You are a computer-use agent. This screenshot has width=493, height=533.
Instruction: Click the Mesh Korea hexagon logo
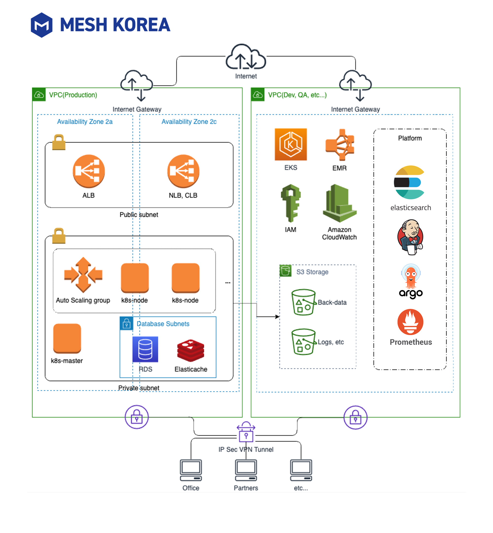(41, 25)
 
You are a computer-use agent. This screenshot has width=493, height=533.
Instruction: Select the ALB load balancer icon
(88, 171)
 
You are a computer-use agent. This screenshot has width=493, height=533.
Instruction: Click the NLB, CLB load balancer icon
(183, 171)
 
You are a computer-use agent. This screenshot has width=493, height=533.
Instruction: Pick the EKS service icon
(291, 144)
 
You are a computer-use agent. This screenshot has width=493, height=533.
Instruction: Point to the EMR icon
(340, 145)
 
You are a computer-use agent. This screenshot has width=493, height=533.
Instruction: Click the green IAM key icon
(291, 203)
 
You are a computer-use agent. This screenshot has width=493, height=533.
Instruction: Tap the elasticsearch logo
(409, 182)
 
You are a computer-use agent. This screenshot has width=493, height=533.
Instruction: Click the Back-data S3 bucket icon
(303, 302)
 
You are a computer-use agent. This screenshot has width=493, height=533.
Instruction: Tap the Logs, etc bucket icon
(303, 342)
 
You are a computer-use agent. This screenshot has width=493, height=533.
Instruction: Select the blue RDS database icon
(145, 349)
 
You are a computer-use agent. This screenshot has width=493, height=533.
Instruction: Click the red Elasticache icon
(191, 350)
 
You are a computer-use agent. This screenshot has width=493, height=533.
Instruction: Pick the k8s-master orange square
(67, 338)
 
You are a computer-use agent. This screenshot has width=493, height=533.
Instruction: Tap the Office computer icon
(191, 470)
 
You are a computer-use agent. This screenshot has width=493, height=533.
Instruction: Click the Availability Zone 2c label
(189, 121)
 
